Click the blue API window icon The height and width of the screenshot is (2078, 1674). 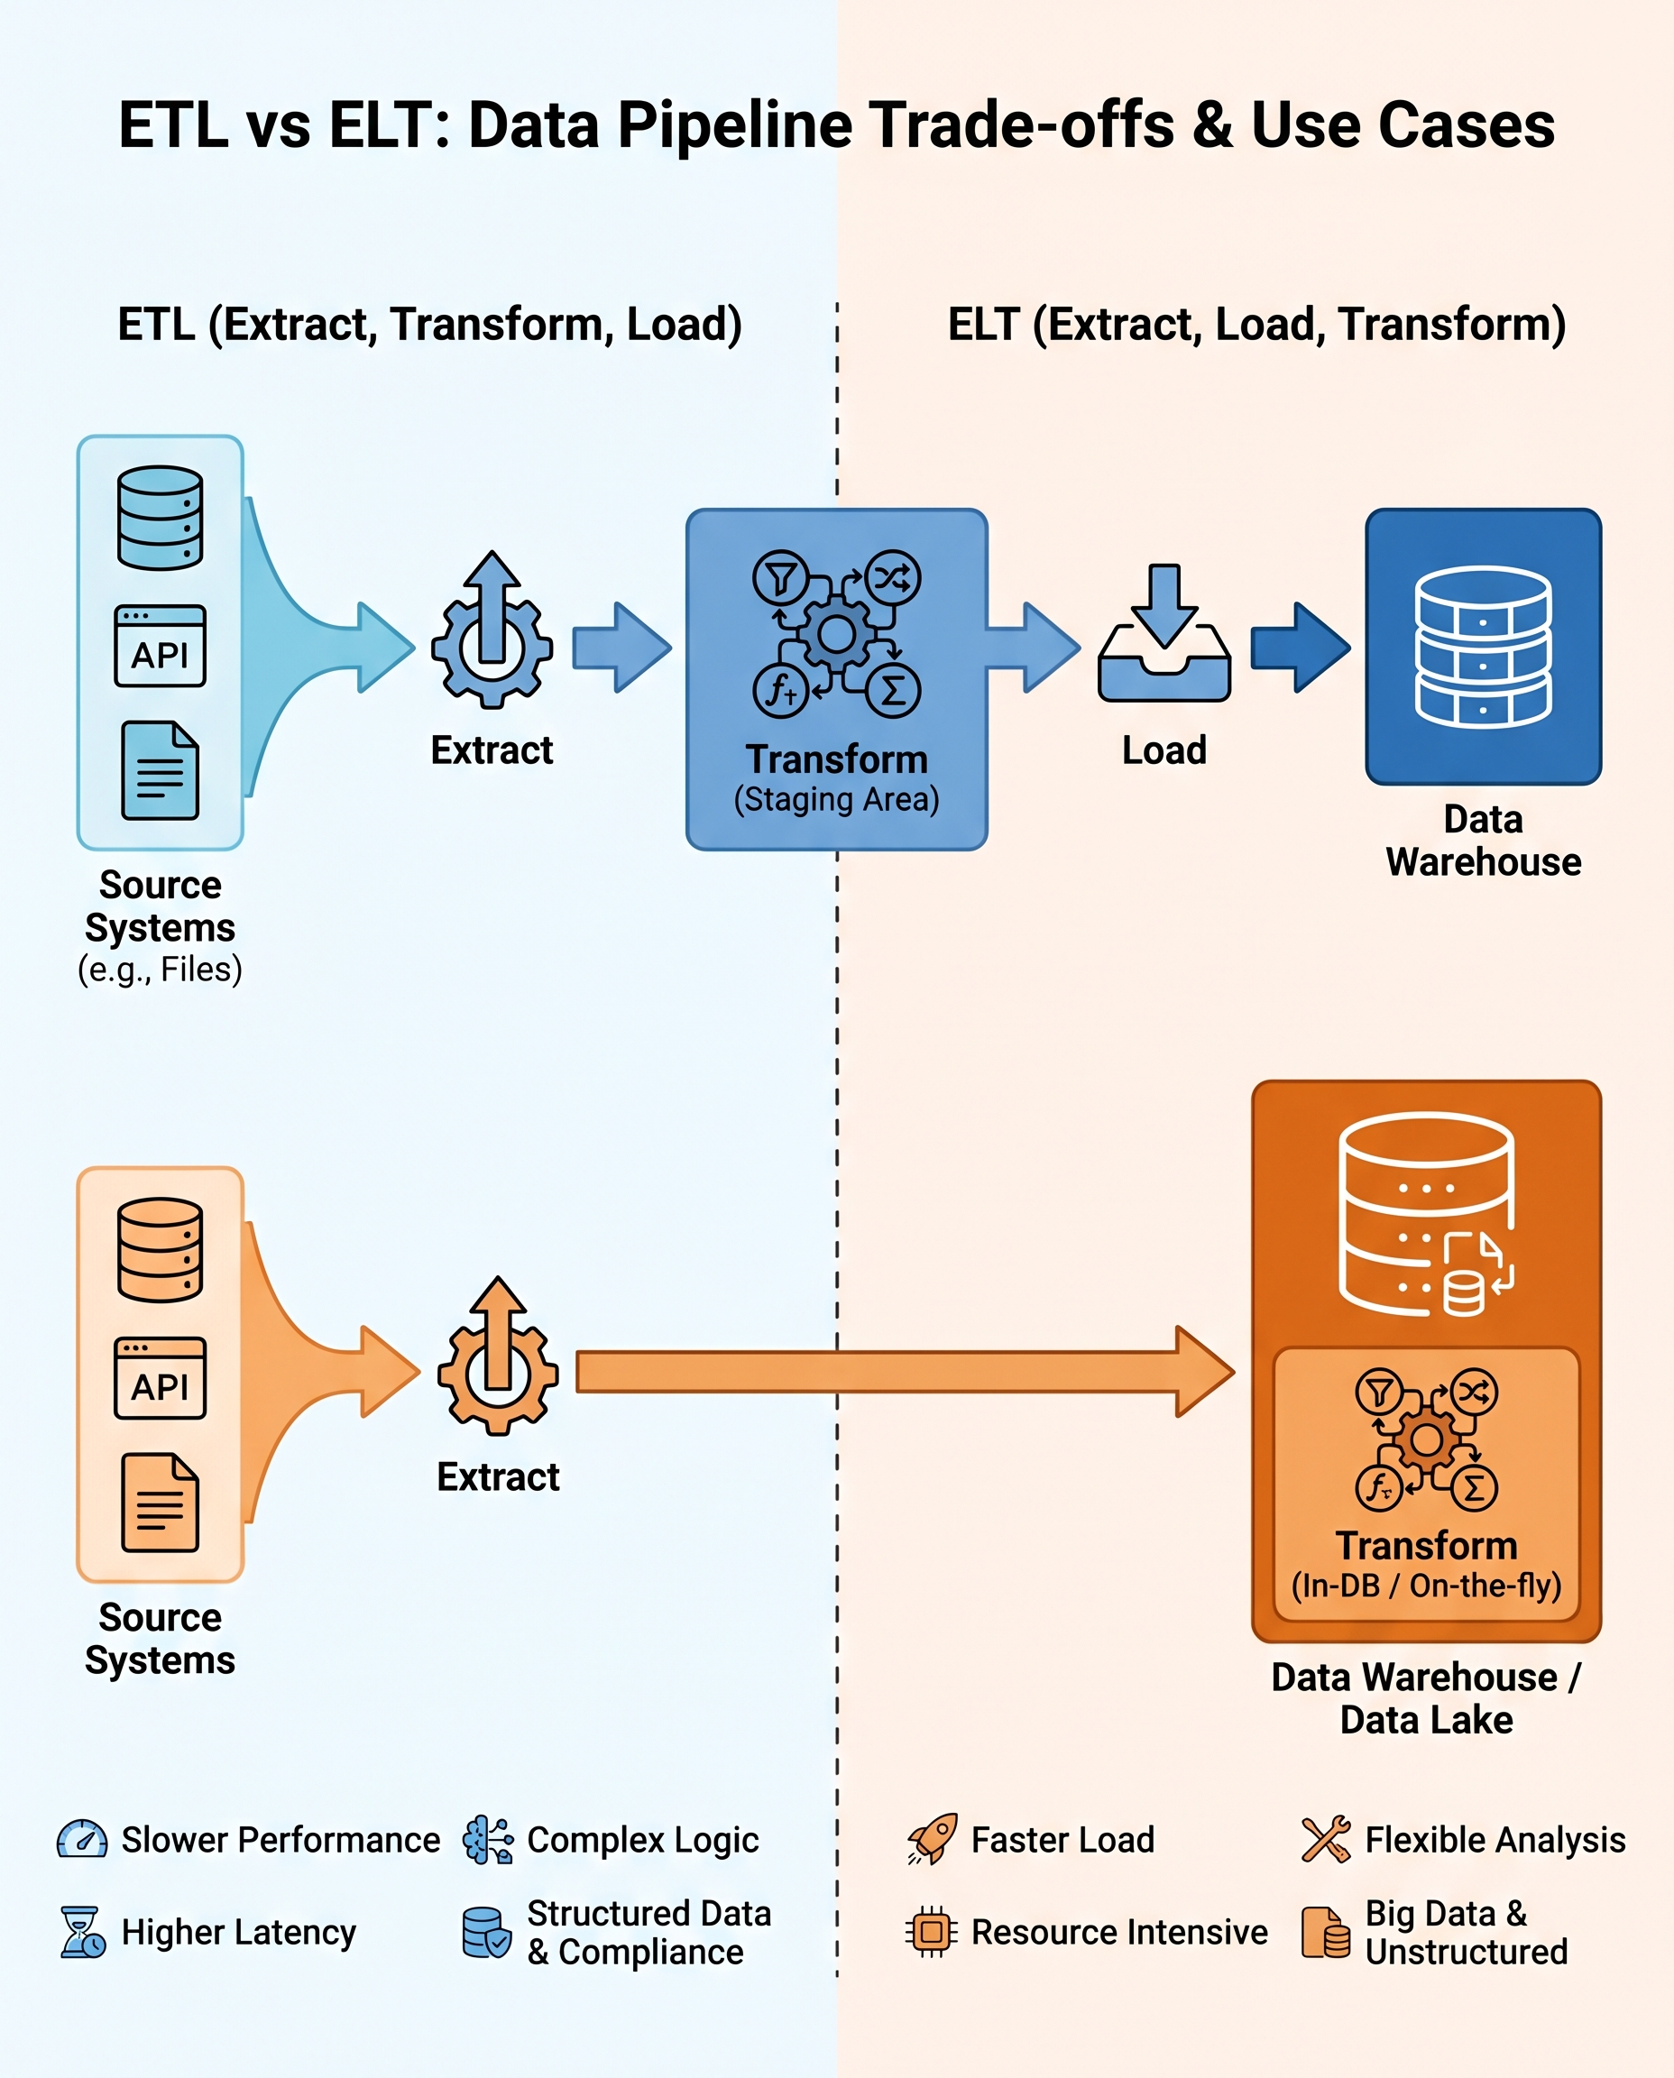(160, 645)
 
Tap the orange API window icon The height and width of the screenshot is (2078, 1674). (160, 1377)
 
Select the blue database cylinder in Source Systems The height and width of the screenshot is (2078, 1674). (160, 518)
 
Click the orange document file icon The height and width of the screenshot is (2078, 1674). (160, 1502)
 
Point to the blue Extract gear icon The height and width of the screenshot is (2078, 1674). (492, 632)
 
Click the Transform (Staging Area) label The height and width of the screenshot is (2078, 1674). (836, 778)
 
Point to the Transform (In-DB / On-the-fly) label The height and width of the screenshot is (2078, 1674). (1426, 1564)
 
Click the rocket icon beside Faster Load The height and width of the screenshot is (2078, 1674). (932, 1839)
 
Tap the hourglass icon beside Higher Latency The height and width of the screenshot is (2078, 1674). (82, 1931)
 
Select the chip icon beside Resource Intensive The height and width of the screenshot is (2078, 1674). (931, 1931)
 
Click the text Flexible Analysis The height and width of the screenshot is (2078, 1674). (1495, 1840)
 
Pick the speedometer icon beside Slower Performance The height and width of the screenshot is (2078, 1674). (82, 1840)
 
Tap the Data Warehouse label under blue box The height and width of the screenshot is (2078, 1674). (1483, 840)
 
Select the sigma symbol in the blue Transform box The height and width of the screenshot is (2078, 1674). (893, 691)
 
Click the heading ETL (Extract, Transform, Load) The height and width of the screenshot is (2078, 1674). (430, 324)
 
